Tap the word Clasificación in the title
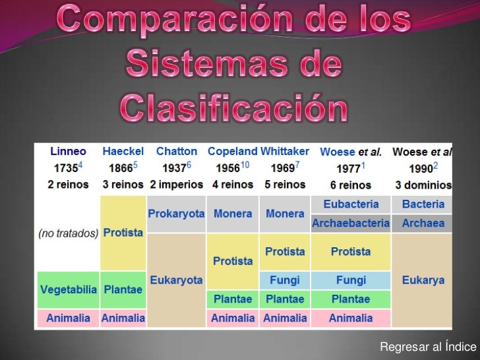coord(234,109)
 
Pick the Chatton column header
coord(176,151)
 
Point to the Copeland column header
coord(232,151)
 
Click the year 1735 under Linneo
coord(66,167)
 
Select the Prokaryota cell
coord(176,214)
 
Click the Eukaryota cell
coord(176,280)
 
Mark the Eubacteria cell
coord(351,204)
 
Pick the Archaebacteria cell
coord(351,224)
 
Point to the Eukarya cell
coord(423,280)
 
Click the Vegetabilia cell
coord(69,290)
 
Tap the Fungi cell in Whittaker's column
coord(285,280)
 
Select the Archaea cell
coord(423,224)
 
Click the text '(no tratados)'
coord(68,233)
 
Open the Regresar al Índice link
coord(427,347)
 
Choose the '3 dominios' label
coord(423,185)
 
